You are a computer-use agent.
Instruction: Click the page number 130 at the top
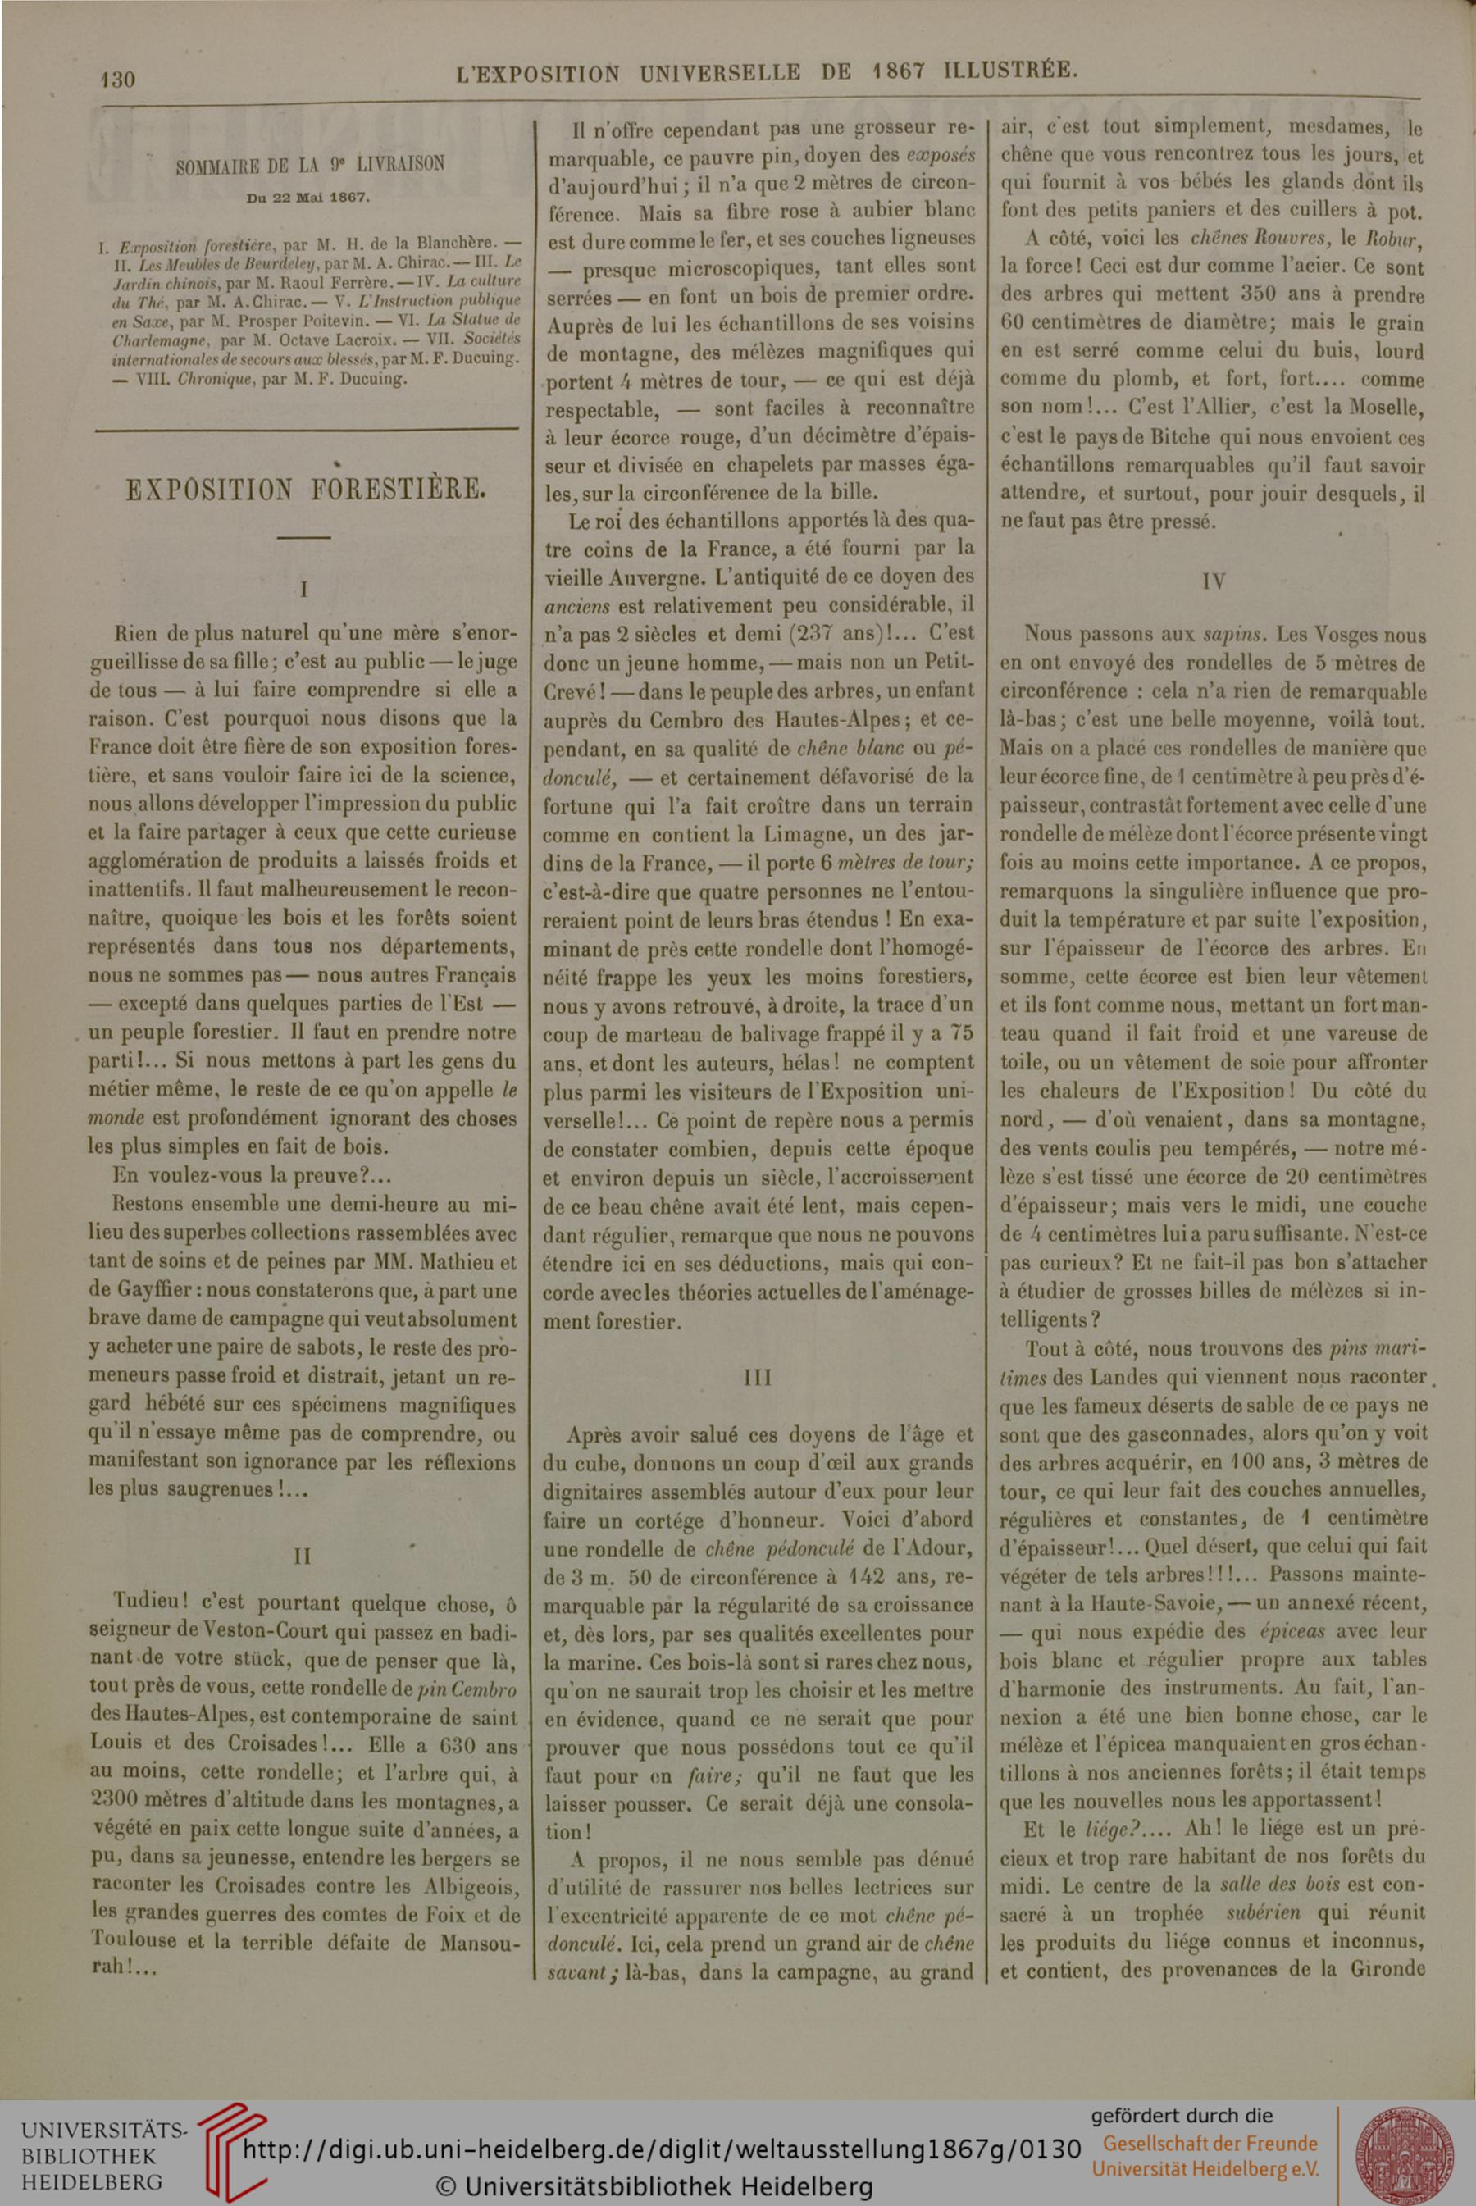119,79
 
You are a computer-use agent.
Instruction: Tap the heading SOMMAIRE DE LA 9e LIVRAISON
310,165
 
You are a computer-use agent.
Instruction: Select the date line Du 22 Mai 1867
309,198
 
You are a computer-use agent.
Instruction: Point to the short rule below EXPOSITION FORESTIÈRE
303,537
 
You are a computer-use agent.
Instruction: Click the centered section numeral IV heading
1214,581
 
